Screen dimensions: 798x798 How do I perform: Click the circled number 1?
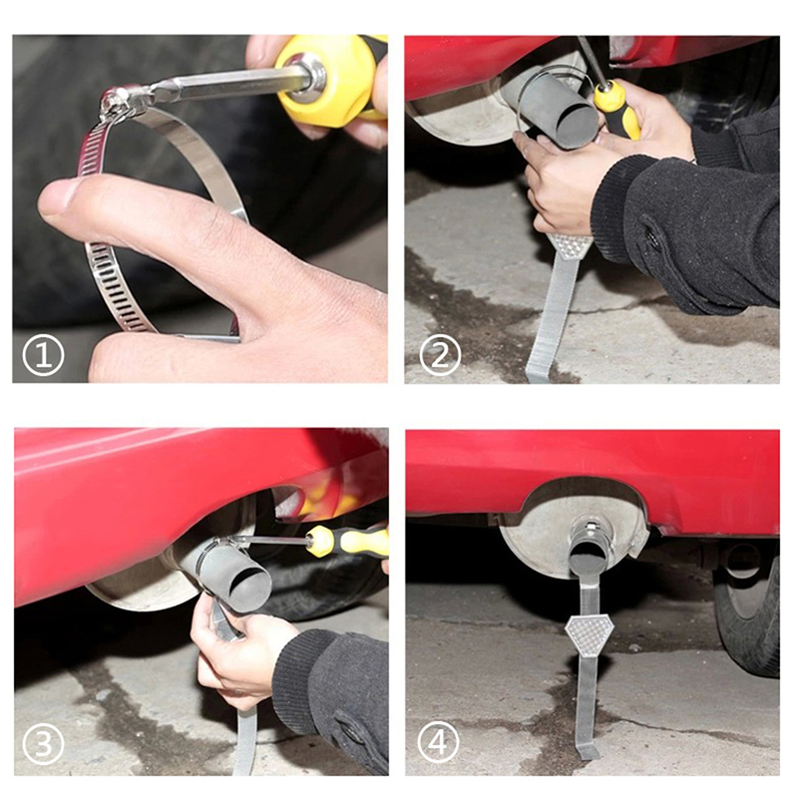(x=43, y=355)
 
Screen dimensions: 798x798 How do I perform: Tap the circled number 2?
(x=440, y=355)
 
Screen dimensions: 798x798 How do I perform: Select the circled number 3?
(x=43, y=743)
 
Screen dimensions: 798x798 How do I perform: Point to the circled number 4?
(x=438, y=741)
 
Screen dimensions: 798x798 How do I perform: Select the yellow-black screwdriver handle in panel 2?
(x=617, y=109)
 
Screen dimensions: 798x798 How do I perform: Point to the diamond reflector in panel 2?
(x=572, y=245)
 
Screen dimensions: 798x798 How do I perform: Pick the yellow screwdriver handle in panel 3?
(x=347, y=542)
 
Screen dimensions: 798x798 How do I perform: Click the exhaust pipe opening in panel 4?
(x=587, y=557)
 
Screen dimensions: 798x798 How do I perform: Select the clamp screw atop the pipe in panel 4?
(x=591, y=526)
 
